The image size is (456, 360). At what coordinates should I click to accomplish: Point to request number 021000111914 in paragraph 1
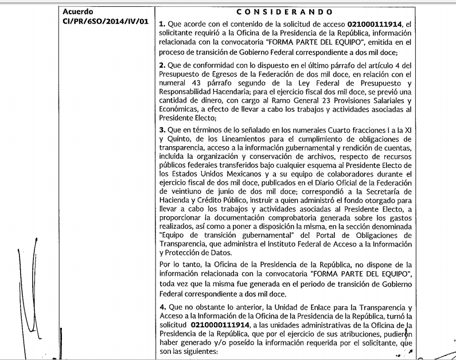point(376,25)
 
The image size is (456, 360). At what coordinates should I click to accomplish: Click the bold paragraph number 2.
point(161,66)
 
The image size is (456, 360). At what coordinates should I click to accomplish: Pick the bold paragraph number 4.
point(161,309)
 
